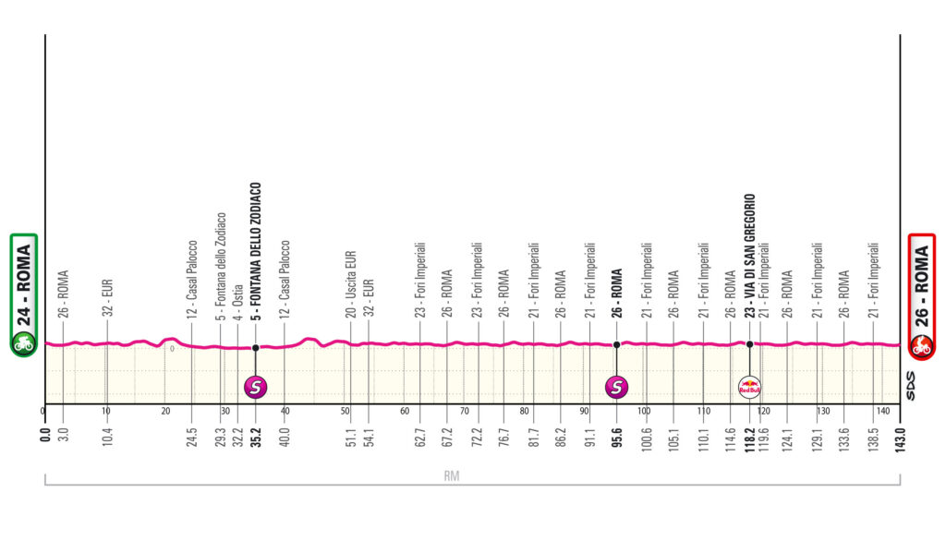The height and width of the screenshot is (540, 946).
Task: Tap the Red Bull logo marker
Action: (x=749, y=388)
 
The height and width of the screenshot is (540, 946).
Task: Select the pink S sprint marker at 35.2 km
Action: (x=255, y=388)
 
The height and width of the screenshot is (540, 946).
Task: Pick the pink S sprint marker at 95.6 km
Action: (x=616, y=388)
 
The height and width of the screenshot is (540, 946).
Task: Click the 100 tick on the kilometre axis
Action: (x=644, y=411)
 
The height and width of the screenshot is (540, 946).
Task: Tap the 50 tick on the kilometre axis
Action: (x=345, y=411)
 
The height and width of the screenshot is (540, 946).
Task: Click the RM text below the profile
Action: (x=451, y=476)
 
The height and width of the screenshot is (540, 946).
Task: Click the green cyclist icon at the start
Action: (x=23, y=346)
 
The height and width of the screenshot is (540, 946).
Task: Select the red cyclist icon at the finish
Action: (x=921, y=347)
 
